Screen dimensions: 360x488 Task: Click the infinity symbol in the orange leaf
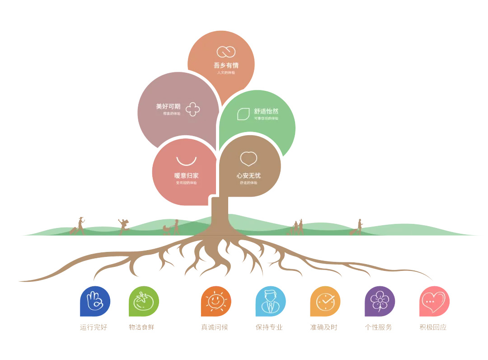[226, 52]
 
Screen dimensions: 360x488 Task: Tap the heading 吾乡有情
[226, 65]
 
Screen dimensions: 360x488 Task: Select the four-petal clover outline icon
[193, 109]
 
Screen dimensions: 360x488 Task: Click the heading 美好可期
[168, 107]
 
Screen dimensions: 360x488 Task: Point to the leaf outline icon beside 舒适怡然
[244, 114]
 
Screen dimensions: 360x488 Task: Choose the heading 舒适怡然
[266, 111]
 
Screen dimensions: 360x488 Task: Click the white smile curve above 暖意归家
[186, 161]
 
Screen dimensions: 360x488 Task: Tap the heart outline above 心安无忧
[249, 159]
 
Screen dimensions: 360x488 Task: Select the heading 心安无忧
[249, 175]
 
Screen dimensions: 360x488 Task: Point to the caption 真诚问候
[215, 327]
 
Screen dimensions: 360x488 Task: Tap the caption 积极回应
[433, 327]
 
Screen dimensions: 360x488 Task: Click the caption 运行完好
[94, 327]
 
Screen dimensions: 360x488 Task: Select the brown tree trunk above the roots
[220, 215]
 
